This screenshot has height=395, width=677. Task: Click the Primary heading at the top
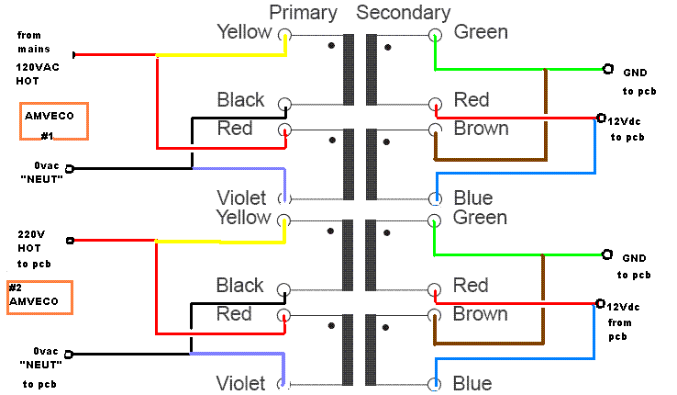tap(304, 12)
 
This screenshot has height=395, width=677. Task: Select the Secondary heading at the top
tap(404, 12)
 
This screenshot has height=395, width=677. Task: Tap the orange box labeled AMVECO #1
tap(54, 121)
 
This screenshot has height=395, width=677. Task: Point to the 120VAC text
tap(37, 67)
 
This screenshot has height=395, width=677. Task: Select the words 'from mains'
tap(35, 42)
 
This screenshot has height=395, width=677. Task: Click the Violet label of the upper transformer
tap(241, 197)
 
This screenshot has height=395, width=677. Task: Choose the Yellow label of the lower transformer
tap(244, 218)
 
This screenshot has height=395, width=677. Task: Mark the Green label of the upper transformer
tap(481, 32)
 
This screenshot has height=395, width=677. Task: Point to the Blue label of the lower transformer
tap(473, 383)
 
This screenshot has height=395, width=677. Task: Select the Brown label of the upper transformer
tap(481, 129)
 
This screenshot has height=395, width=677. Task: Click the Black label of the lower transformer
tap(240, 286)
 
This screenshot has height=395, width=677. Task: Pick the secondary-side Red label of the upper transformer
tap(472, 99)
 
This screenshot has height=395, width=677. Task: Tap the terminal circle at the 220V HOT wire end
tap(71, 241)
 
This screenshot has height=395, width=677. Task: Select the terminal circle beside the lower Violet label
tap(285, 384)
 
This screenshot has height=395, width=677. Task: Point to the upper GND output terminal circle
tap(606, 68)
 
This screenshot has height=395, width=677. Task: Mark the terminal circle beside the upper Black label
tap(285, 104)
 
